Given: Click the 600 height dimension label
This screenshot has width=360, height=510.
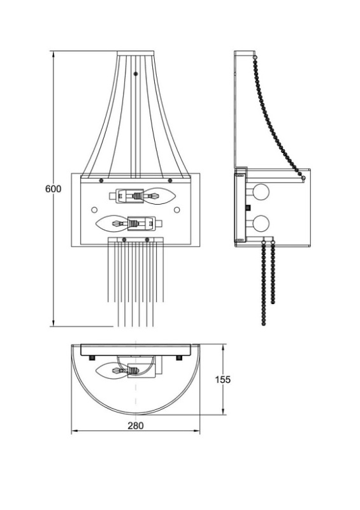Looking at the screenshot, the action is [53, 189].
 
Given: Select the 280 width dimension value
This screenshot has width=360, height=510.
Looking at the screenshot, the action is [135, 425].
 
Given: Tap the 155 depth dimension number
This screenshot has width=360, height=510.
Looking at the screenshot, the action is [223, 379].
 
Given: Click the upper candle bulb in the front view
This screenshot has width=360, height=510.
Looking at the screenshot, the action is [159, 196].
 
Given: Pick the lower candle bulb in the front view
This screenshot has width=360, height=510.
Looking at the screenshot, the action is [112, 223].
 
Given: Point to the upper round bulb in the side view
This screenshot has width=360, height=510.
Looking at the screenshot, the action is [261, 192].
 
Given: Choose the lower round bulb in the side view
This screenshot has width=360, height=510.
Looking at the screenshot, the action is [261, 224].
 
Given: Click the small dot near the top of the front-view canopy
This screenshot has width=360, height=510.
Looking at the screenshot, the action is [136, 74].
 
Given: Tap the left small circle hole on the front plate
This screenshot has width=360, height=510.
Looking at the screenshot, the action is [94, 210].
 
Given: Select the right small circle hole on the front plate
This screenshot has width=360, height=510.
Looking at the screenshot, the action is [177, 210].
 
